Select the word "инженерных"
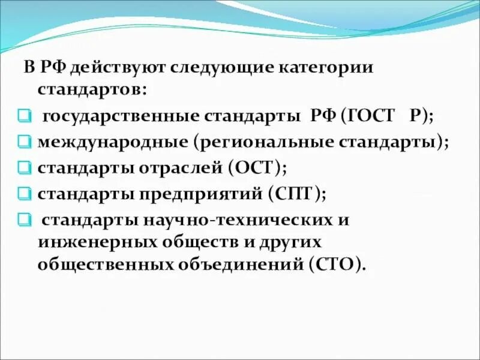93,242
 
